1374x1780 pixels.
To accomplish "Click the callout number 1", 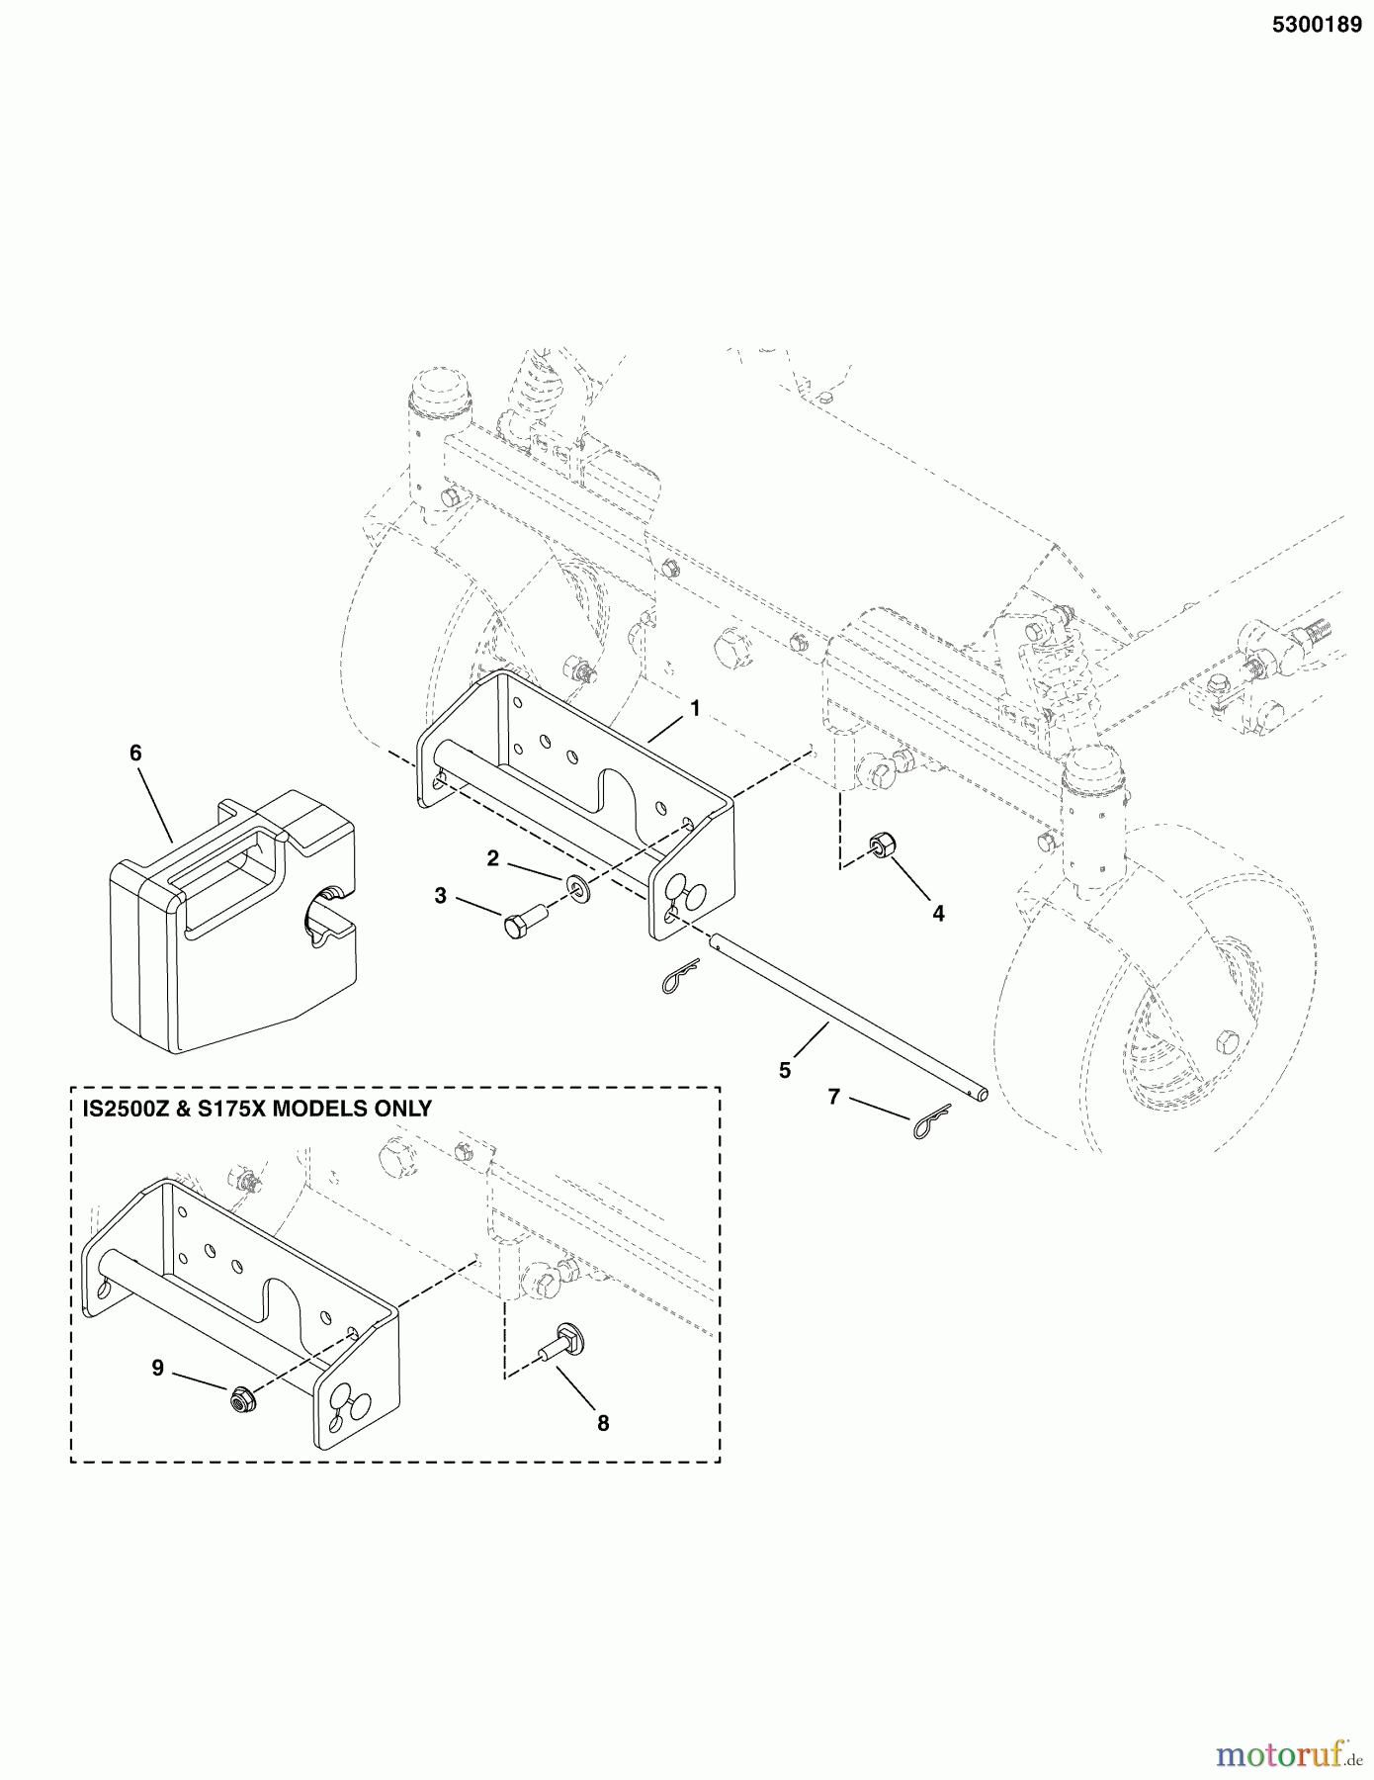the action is [695, 708].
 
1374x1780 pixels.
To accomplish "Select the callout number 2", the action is [492, 858].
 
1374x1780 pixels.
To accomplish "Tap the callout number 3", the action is [440, 896].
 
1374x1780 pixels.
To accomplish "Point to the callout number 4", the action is [938, 914].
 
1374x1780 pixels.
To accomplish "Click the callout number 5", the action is [784, 1070].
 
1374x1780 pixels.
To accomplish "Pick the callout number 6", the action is [135, 753].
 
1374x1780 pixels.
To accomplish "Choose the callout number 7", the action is [833, 1097].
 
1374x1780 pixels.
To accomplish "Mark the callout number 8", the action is [603, 1423].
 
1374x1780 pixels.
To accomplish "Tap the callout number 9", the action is [157, 1368].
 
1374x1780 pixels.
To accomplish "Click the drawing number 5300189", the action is [1317, 26].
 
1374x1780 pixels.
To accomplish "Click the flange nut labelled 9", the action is [240, 1399].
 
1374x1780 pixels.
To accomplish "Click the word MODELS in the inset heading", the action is [318, 1109].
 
